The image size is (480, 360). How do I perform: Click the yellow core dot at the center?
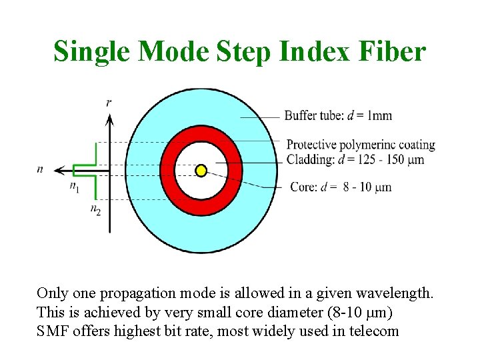click(200, 171)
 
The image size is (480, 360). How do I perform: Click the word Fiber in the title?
click(392, 51)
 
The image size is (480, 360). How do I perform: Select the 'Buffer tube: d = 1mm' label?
click(338, 115)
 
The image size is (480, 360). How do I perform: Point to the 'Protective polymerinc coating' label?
click(361, 145)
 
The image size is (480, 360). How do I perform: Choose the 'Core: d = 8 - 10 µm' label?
click(341, 187)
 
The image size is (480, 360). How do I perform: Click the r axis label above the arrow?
click(109, 102)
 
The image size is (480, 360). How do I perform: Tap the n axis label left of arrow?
click(40, 169)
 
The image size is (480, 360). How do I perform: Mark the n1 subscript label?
click(74, 187)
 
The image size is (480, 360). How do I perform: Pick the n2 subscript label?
click(95, 209)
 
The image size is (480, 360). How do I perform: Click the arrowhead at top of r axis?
click(109, 119)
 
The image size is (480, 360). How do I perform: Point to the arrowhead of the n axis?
click(59, 169)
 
